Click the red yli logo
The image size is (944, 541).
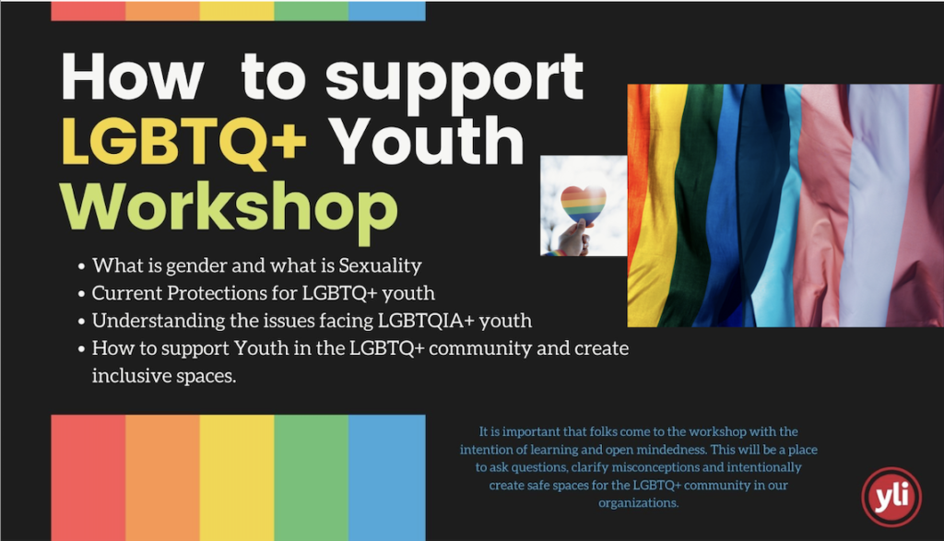(x=891, y=497)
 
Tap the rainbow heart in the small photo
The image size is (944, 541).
(x=583, y=204)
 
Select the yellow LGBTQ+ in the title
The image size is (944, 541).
(x=184, y=141)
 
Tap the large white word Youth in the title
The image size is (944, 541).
(x=428, y=140)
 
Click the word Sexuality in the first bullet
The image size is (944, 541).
(x=380, y=265)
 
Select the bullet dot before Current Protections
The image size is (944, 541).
(x=81, y=294)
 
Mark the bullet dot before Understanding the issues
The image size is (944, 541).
(x=81, y=322)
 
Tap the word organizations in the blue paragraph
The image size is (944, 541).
(x=638, y=503)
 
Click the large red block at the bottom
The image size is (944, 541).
(x=88, y=477)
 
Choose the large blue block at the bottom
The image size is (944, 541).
(x=387, y=477)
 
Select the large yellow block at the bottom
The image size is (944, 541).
(x=237, y=477)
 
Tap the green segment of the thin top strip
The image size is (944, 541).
(x=312, y=11)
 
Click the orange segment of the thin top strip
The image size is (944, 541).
(x=162, y=11)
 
